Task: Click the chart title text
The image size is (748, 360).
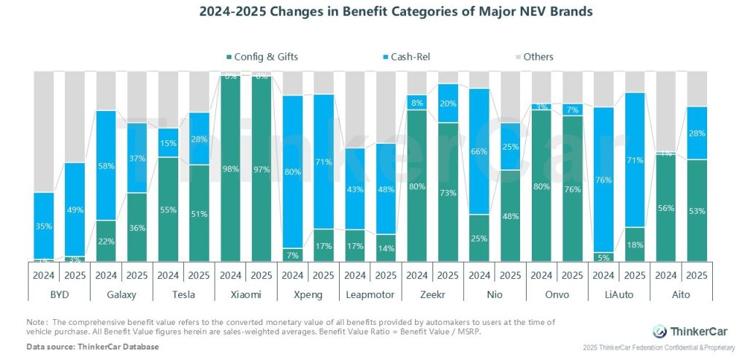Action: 374,12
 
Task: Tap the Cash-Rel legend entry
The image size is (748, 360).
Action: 409,57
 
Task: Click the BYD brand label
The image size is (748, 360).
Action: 43,294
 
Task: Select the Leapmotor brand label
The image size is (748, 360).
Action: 370,294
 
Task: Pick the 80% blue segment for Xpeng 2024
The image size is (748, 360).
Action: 293,172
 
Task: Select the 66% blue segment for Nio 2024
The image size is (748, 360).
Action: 479,151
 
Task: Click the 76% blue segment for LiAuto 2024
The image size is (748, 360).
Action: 603,180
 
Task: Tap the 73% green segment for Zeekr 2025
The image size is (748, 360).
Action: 449,192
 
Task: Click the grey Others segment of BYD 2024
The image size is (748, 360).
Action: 43,131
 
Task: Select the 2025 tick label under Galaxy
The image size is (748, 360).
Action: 137,276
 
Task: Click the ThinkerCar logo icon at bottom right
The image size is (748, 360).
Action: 660,331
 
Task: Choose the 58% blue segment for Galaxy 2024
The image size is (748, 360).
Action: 107,166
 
